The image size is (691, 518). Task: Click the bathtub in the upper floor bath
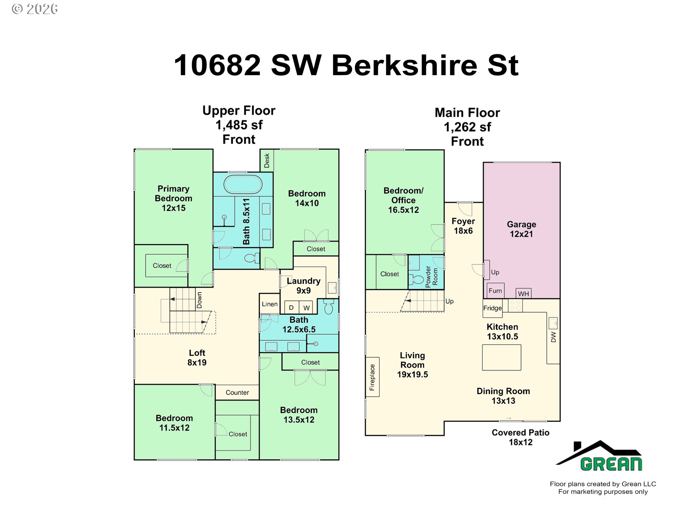click(243, 184)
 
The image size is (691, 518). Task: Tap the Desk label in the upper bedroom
click(267, 160)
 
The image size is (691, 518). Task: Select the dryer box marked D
click(292, 308)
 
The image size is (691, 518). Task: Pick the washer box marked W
click(306, 308)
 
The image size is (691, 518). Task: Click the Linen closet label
click(270, 304)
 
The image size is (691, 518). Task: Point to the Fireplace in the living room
click(372, 377)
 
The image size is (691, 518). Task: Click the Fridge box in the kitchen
click(492, 308)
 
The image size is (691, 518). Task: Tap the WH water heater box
click(523, 294)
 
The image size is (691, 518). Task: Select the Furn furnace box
click(495, 291)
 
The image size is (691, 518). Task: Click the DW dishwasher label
click(554, 337)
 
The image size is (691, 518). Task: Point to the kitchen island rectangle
click(502, 358)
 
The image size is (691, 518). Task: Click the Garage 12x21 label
click(521, 229)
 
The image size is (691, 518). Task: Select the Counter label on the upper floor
click(237, 392)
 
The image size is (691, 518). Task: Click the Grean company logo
click(600, 456)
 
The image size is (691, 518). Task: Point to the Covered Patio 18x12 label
click(520, 437)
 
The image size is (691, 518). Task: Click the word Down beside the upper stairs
click(199, 300)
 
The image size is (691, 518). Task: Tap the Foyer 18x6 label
click(463, 226)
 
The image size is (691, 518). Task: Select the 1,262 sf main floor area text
click(467, 127)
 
